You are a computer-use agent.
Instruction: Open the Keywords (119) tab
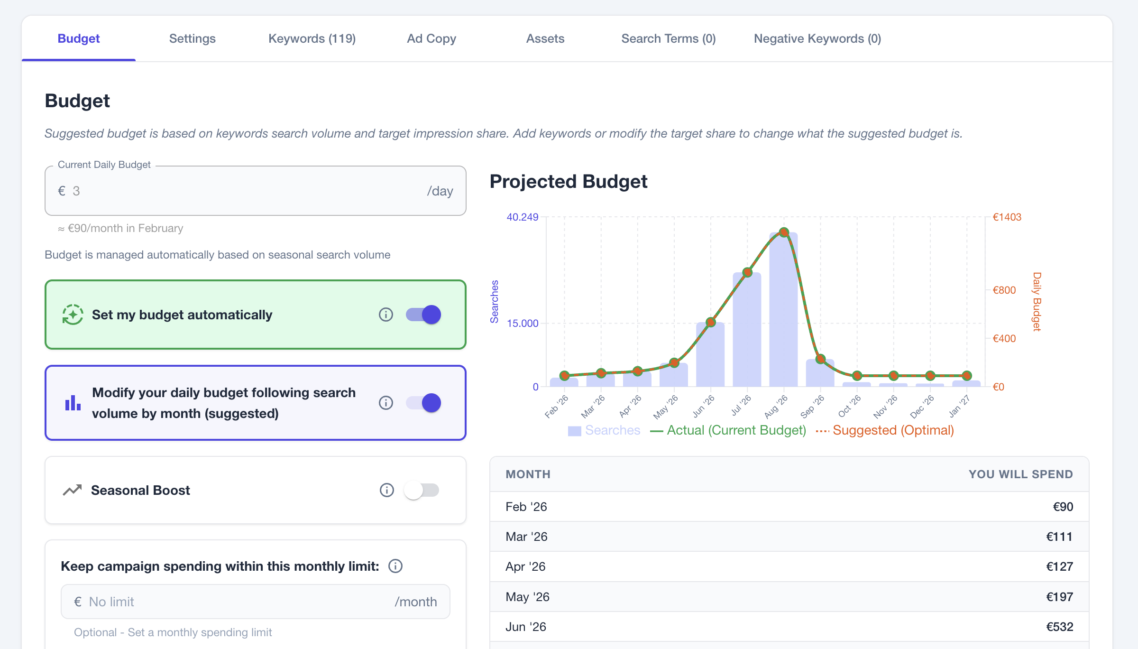click(x=312, y=38)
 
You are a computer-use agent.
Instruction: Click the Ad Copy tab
click(x=431, y=38)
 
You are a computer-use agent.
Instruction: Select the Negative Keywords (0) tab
click(x=817, y=38)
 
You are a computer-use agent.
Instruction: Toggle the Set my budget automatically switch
click(x=423, y=315)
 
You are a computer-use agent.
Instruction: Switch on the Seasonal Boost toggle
click(x=422, y=490)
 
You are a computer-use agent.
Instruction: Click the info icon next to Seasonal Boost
click(x=386, y=490)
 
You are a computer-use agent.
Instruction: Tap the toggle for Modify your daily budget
click(x=423, y=403)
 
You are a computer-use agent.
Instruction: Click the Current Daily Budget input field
click(x=247, y=191)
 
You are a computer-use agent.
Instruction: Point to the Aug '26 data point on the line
click(x=784, y=232)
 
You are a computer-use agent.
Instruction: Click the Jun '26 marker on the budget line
click(x=710, y=322)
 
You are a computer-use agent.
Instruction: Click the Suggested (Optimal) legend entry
click(x=892, y=430)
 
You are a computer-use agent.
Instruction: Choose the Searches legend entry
click(x=612, y=430)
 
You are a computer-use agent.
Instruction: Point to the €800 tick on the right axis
click(x=1004, y=290)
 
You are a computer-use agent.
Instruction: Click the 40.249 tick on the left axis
click(x=522, y=217)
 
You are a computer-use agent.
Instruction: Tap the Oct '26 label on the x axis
click(x=849, y=407)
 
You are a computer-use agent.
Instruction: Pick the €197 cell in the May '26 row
click(x=1059, y=597)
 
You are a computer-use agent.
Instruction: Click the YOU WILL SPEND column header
click(x=1020, y=474)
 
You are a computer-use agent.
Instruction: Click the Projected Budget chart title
click(x=568, y=182)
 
